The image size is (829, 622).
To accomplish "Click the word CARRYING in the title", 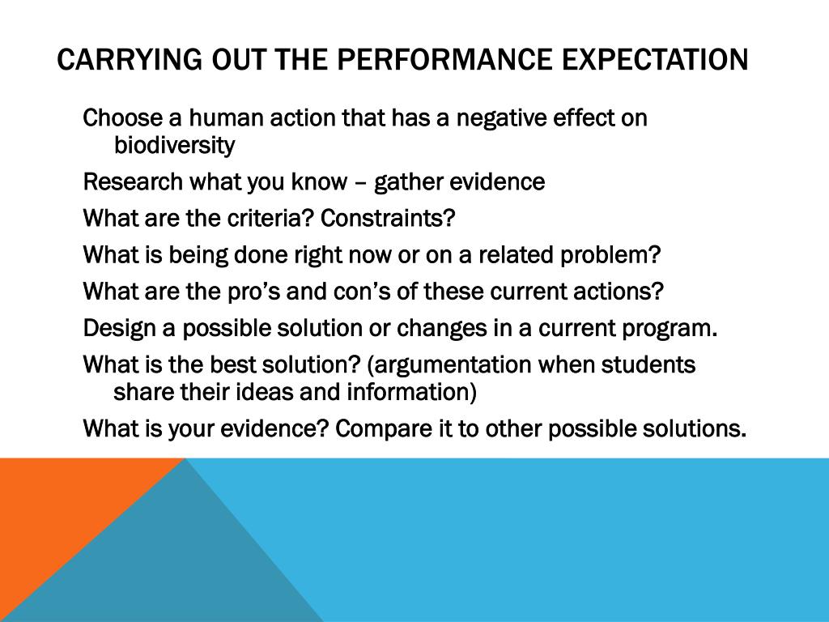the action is point(130,59).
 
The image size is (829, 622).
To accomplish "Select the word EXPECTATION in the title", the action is point(655,59).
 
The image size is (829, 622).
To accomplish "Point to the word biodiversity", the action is point(175,145).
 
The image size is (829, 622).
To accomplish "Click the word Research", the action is point(133,181).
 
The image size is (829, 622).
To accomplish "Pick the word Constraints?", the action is point(388,218).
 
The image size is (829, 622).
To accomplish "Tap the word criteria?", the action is point(271,218).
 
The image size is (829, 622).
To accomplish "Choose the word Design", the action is point(120,329).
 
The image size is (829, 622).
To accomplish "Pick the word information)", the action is point(412,392).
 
